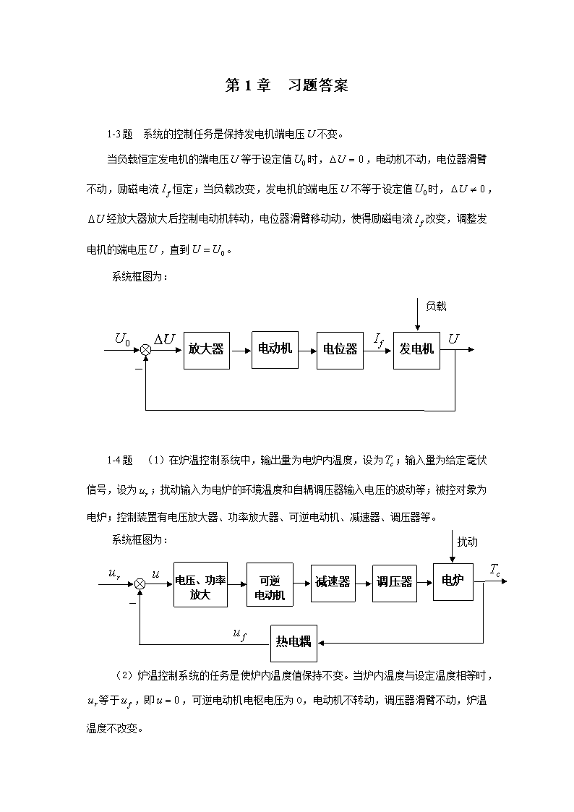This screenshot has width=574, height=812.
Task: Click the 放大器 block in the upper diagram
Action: point(207,351)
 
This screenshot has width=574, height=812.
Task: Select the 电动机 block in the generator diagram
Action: point(275,350)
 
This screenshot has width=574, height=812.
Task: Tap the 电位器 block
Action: point(340,351)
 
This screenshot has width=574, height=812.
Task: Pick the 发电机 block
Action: point(416,351)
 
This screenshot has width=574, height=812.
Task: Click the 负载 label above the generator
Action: point(436,306)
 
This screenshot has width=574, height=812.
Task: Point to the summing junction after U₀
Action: point(146,351)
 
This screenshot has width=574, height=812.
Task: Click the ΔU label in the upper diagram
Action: point(164,339)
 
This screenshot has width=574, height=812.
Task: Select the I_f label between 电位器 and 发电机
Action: point(379,341)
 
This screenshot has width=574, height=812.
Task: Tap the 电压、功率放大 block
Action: point(200,585)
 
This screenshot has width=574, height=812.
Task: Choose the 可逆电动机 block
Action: point(270,585)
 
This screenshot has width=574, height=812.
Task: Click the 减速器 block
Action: point(333,583)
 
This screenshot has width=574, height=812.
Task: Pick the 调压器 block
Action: point(395,583)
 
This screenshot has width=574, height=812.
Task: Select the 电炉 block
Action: point(453,581)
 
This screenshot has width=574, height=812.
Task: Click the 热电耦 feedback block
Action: point(294,644)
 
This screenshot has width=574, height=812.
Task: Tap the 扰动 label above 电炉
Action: point(468,542)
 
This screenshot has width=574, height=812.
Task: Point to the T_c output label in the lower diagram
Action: point(495,570)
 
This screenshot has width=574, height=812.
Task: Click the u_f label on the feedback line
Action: point(239,634)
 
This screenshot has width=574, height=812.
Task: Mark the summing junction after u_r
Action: point(140,584)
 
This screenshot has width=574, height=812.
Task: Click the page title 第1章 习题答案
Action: point(287,85)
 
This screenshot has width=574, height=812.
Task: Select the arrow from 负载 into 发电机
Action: point(417,315)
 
